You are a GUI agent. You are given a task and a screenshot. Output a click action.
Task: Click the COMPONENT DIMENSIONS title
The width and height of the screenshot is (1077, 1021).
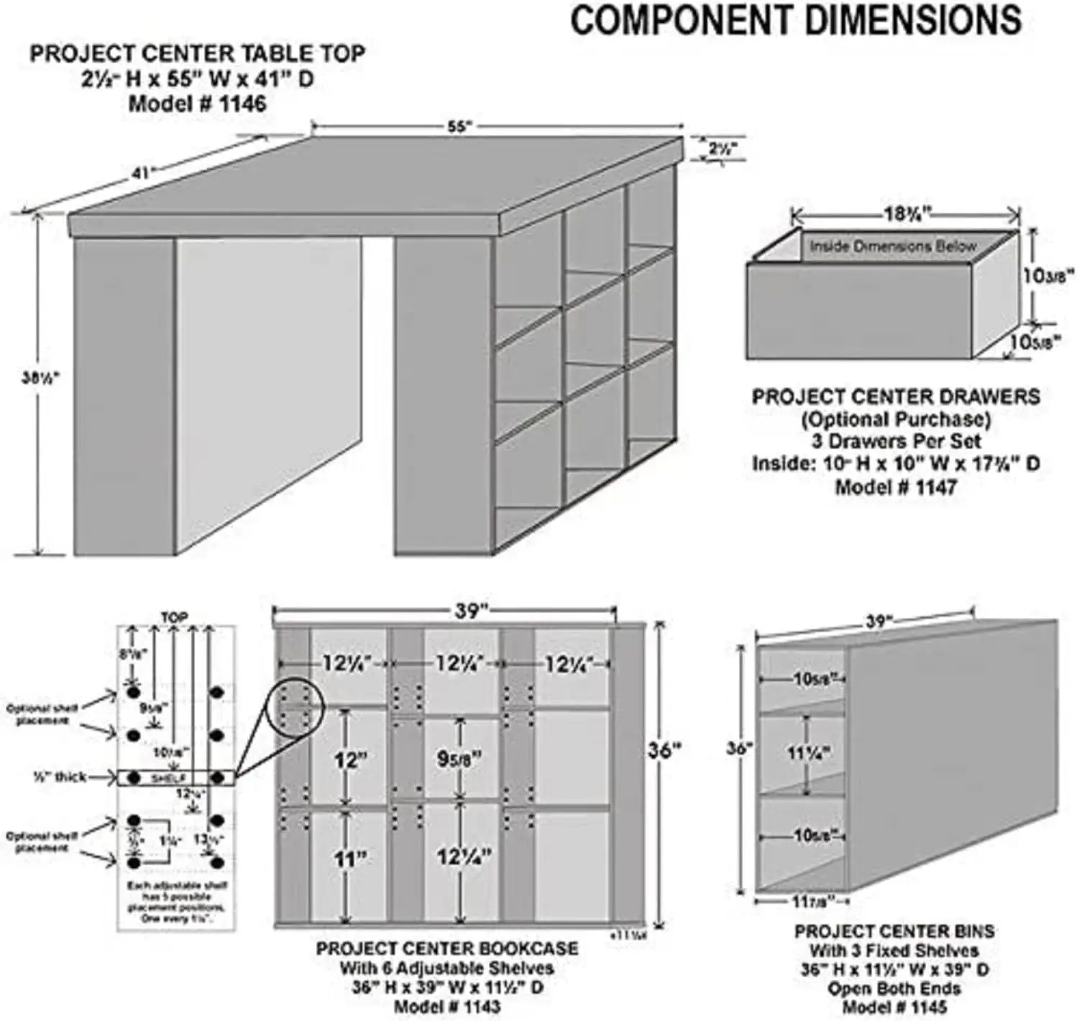point(796,20)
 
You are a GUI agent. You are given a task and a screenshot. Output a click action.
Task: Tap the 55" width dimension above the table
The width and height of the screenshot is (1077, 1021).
point(458,127)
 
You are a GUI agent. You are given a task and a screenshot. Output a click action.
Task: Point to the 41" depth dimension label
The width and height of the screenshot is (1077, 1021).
point(144,172)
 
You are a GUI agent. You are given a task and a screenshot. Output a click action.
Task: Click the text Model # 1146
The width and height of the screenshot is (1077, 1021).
point(197,103)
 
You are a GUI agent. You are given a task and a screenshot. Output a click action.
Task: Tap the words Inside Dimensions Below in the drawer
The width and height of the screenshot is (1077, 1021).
point(893,246)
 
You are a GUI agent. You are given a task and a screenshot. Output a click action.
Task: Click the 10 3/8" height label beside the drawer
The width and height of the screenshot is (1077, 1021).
point(1048,274)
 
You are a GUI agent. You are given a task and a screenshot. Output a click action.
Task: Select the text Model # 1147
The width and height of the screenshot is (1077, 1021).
point(895,487)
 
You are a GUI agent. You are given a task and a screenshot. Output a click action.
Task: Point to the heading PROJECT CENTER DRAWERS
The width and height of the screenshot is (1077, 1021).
point(896,397)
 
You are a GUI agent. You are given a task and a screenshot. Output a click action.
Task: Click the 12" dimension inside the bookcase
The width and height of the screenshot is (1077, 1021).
point(350,759)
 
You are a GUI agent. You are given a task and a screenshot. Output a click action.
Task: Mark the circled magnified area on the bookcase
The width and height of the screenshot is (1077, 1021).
point(295,706)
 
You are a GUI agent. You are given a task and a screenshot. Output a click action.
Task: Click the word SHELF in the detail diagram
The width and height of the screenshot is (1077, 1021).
point(169,778)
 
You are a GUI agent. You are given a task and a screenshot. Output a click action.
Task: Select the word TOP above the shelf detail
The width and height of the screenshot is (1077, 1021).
point(174,616)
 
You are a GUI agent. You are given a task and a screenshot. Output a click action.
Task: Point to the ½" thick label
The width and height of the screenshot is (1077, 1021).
point(60,777)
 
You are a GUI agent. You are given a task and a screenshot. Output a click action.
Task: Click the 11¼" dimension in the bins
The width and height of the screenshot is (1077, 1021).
point(808,753)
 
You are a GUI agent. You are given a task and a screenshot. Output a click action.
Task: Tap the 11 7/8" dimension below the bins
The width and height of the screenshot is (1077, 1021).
point(807,900)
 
